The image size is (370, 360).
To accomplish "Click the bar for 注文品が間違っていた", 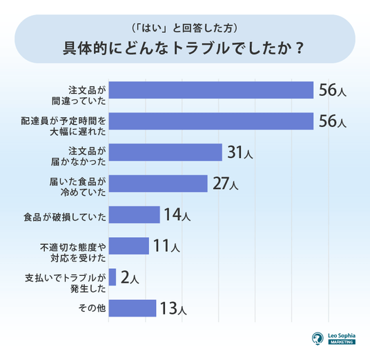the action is (x=211, y=90).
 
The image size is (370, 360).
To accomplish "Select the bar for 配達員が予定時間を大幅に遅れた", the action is (x=211, y=121).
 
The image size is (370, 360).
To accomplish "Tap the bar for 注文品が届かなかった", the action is (x=166, y=152).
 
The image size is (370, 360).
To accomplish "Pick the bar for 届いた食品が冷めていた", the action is (x=158, y=183).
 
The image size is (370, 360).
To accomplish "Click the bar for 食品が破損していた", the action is (x=135, y=214).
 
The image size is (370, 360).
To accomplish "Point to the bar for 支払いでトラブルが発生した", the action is (x=113, y=277).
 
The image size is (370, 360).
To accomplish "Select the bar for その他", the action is (x=133, y=308).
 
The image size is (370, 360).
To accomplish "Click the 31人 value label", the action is (x=240, y=152).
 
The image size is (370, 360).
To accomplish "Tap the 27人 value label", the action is (x=225, y=183).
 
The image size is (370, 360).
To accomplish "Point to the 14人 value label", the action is (x=177, y=214).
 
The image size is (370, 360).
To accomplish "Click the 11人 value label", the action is (x=166, y=246).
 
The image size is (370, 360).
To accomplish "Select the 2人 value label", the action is (x=130, y=277).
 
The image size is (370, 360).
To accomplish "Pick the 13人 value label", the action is (x=173, y=308).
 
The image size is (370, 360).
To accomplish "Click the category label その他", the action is (x=92, y=308).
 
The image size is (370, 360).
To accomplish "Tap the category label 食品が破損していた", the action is (x=65, y=217).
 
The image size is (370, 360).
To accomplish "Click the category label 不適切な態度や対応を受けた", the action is (x=73, y=252).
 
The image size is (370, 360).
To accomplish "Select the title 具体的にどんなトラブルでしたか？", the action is (x=184, y=48).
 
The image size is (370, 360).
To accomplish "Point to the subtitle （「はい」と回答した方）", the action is (x=185, y=28).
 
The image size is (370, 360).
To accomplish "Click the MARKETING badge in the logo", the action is (x=342, y=342).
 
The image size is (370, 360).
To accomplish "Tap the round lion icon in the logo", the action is (x=318, y=339).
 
